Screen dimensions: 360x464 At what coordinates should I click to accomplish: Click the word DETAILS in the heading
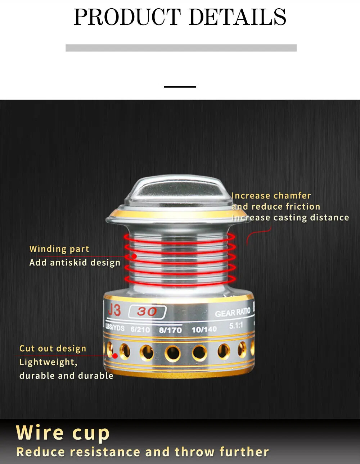point(237,17)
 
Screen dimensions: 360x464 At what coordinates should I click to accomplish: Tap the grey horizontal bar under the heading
point(181,48)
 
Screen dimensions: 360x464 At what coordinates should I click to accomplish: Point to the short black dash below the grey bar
point(180,87)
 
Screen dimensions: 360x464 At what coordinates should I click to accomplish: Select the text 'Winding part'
point(59,249)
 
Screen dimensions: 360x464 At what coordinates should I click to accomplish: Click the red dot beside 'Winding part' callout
point(134,256)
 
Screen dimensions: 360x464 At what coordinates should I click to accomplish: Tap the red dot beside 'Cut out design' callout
point(115,356)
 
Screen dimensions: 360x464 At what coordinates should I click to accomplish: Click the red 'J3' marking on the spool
point(114,310)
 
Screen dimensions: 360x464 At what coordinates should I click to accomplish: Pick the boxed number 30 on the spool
point(147,312)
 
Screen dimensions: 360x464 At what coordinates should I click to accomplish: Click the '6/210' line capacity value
point(140,329)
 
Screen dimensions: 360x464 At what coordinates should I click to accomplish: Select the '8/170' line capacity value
point(170,330)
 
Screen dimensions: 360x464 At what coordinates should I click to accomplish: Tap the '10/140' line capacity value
point(204,330)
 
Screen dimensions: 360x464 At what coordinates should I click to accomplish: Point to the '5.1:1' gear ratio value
point(236,326)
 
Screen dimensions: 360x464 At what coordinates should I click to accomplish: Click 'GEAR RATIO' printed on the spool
point(233,313)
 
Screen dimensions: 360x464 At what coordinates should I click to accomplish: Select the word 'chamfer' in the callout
point(292,196)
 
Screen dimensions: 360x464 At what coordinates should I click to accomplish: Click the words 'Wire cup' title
point(63,433)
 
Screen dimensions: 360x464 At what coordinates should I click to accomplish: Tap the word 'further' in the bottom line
point(244,452)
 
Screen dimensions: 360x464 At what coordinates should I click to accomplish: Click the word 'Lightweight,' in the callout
point(49,362)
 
